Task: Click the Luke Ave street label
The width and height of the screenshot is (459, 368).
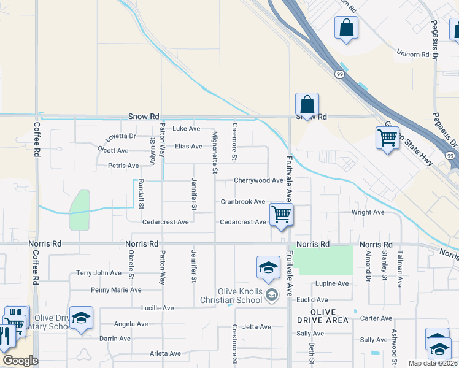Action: tap(186, 129)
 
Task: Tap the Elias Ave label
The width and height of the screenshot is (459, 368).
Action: tap(188, 147)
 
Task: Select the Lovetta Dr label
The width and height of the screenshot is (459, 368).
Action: tap(120, 136)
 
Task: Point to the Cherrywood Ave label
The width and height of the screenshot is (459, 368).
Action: tap(258, 181)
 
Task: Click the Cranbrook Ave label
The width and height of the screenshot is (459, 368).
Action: tap(242, 202)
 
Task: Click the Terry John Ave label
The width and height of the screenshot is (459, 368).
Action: tap(98, 273)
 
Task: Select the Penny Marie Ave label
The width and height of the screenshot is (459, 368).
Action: tap(115, 290)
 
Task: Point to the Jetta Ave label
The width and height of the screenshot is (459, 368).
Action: tap(256, 327)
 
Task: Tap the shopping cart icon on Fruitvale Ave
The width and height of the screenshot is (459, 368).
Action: tap(281, 215)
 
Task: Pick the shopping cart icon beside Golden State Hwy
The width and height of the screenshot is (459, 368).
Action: tap(387, 138)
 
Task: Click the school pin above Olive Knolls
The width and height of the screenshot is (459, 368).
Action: tap(268, 267)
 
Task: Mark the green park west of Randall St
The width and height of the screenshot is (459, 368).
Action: tap(80, 209)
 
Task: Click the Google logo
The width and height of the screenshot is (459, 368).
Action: tap(20, 361)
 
